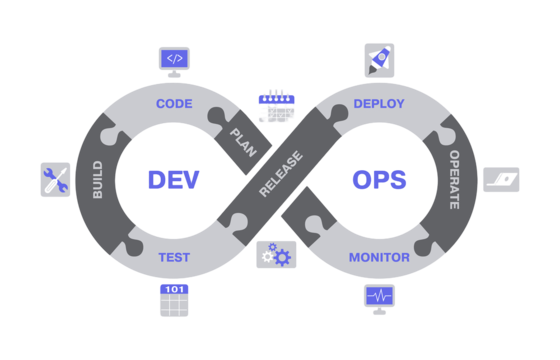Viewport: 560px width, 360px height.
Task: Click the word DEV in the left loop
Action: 174,180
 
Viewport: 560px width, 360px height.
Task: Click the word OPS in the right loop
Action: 379,180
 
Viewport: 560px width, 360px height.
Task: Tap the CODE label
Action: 174,104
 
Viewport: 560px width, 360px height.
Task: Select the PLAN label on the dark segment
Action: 243,143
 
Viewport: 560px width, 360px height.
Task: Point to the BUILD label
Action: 98,180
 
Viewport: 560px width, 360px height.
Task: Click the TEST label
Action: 174,257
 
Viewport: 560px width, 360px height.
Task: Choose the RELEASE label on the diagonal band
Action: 281,174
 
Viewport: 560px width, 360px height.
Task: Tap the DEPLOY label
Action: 379,104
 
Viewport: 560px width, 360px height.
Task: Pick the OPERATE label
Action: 454,180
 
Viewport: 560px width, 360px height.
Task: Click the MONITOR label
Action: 379,257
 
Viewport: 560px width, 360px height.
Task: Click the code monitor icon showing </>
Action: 174,62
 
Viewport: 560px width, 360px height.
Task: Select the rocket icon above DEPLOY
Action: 379,60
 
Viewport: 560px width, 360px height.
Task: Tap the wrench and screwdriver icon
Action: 55,180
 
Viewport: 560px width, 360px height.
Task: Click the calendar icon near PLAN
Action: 276,106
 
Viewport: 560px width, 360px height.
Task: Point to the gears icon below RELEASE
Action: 276,255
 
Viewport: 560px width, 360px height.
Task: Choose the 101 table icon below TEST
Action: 174,300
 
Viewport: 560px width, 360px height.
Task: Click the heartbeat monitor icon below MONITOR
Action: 379,299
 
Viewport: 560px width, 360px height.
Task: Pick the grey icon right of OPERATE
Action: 501,180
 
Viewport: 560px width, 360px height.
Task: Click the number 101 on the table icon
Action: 174,289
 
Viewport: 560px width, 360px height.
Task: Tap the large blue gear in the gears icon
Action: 282,258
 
